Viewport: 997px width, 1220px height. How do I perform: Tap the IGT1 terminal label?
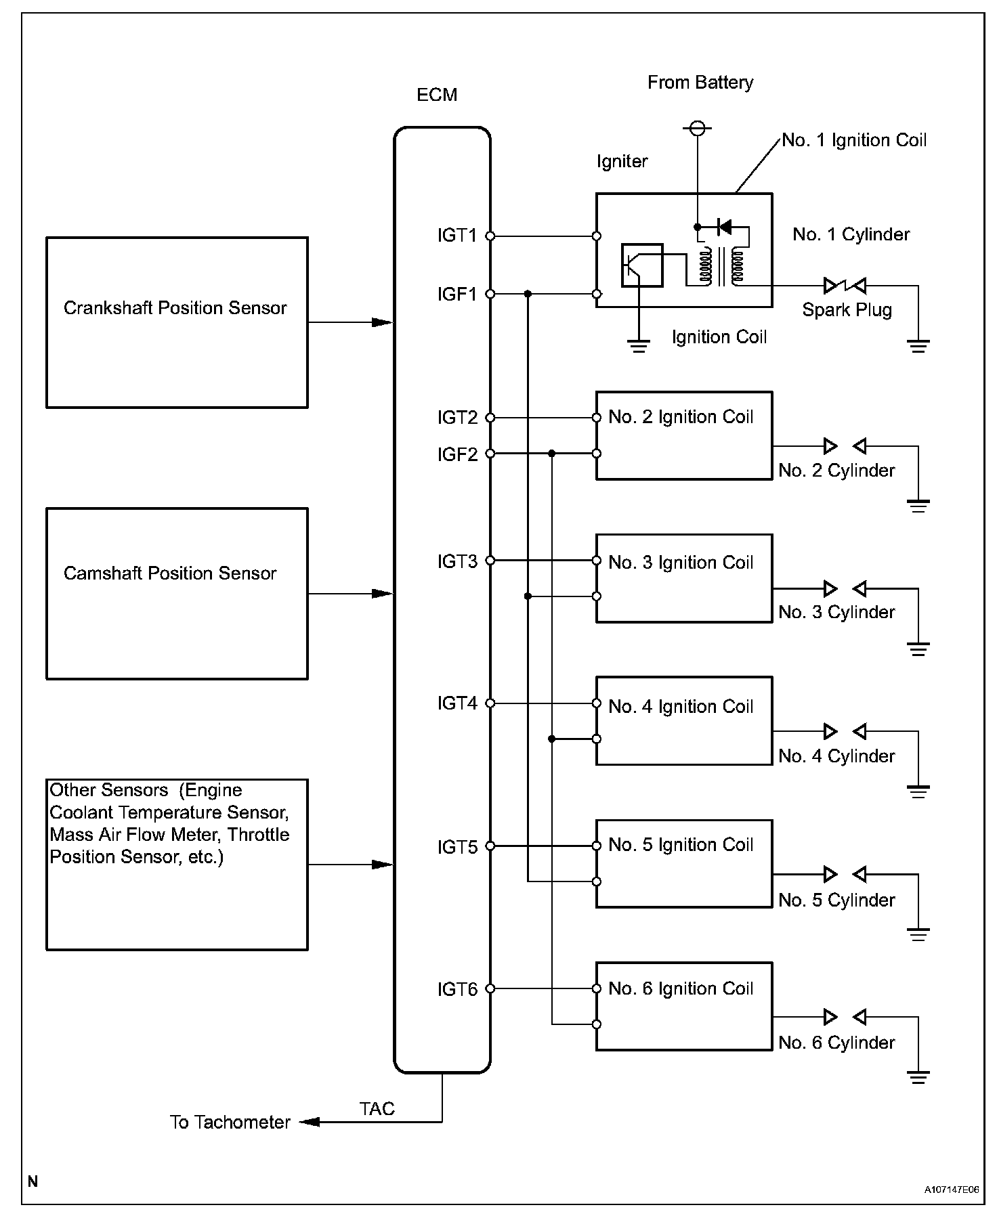tap(457, 236)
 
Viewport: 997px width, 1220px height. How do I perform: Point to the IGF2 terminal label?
tap(457, 454)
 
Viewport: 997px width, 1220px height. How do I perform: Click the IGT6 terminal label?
tap(457, 990)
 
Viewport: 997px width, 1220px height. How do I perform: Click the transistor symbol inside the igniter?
tap(642, 265)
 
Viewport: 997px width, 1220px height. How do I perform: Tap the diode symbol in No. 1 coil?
tap(723, 227)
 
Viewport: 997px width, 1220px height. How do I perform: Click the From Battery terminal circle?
tap(698, 127)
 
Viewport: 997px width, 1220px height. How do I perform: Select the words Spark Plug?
tap(847, 310)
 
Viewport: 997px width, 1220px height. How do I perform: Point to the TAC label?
tap(377, 1109)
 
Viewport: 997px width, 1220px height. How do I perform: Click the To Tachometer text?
tap(230, 1123)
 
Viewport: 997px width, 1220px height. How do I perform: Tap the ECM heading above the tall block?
tap(437, 95)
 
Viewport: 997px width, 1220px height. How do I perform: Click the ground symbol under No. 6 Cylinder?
tap(918, 1077)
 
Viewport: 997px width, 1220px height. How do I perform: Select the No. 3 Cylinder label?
tap(836, 612)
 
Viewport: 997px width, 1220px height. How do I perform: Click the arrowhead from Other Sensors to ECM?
tap(383, 865)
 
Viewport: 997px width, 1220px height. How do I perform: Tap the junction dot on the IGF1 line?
tap(528, 294)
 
